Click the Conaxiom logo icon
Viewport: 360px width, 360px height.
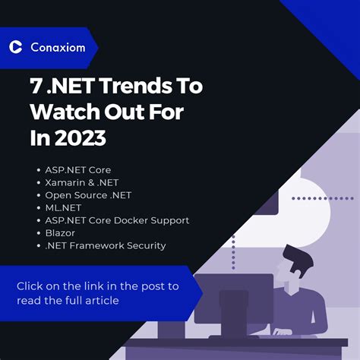[15, 47]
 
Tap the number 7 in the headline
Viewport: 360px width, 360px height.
[36, 87]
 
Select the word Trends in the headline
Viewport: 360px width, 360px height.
[126, 87]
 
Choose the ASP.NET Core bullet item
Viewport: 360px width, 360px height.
[77, 170]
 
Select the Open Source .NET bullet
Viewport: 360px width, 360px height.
[88, 195]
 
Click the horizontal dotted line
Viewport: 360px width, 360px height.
[322, 198]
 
